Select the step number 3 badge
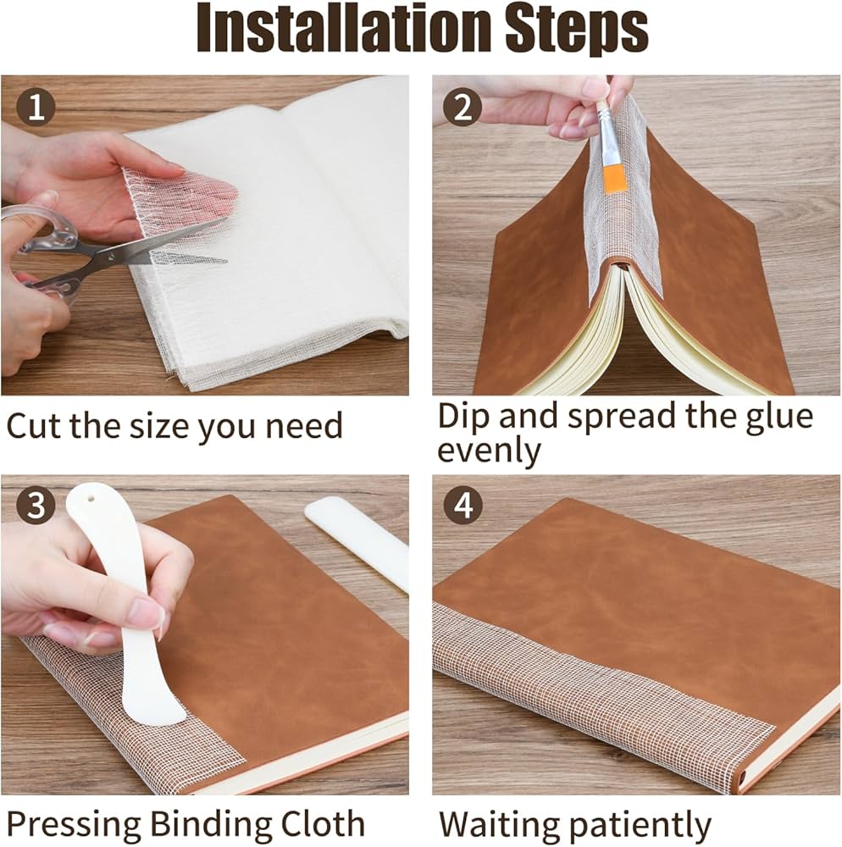click(x=36, y=505)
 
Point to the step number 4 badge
click(x=463, y=506)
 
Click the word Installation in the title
click(x=345, y=28)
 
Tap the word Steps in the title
click(x=576, y=30)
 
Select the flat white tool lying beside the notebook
click(x=357, y=545)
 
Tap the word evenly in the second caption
click(x=489, y=451)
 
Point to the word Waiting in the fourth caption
click(x=498, y=825)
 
